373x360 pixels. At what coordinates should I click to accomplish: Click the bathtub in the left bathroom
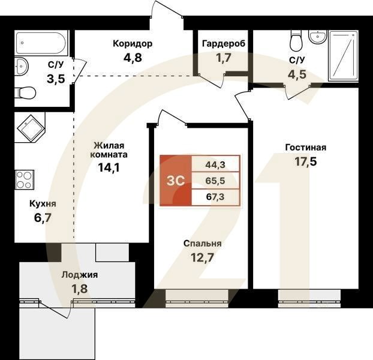(41, 43)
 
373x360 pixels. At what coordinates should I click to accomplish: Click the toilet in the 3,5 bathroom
(27, 92)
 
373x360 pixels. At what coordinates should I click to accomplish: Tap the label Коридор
(133, 43)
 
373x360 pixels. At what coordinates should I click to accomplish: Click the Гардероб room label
(221, 43)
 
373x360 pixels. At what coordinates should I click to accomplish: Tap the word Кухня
(43, 203)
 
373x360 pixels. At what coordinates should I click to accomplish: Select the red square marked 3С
(175, 180)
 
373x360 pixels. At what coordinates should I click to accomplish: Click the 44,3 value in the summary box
(215, 163)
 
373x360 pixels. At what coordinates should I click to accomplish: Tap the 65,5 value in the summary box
(215, 180)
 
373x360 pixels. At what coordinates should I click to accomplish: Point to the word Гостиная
(305, 147)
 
